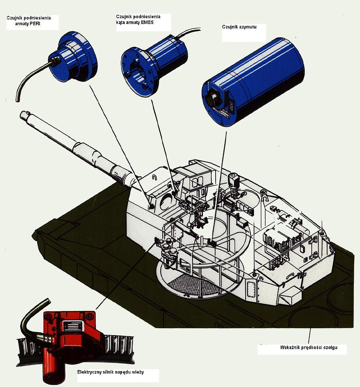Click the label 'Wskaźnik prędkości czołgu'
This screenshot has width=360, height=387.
click(x=309, y=348)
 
